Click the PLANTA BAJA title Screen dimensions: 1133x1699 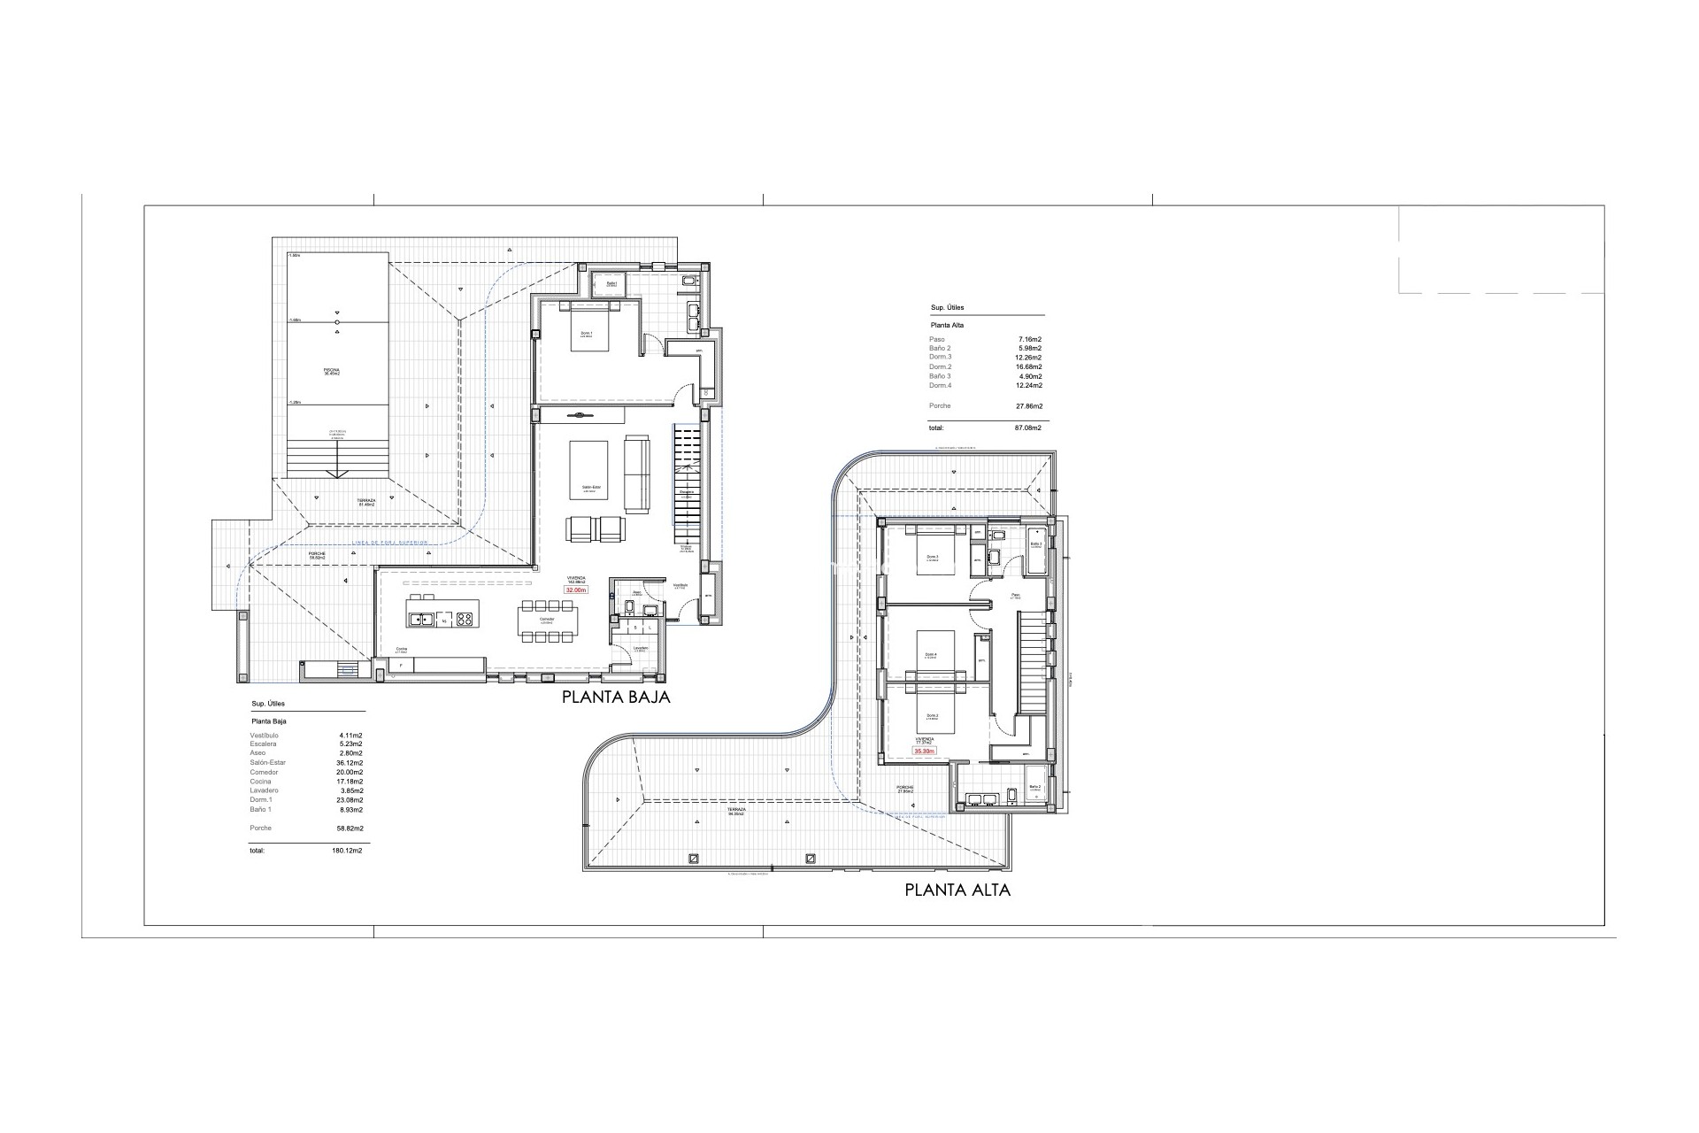(x=616, y=697)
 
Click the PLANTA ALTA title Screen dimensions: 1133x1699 (x=957, y=890)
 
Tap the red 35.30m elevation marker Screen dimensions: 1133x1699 (x=924, y=751)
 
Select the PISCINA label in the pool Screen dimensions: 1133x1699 (x=332, y=372)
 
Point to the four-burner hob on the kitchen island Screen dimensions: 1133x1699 (x=463, y=620)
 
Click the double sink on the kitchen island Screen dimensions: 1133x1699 (x=423, y=620)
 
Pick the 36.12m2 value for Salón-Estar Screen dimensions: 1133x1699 (x=350, y=763)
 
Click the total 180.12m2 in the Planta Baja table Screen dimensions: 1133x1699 (x=350, y=850)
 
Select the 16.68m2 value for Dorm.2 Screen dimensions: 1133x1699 (x=1029, y=366)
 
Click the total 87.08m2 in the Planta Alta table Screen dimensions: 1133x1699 (x=1028, y=428)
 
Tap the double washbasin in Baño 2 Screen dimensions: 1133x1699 (x=983, y=798)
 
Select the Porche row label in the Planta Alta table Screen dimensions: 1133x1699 (x=940, y=405)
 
